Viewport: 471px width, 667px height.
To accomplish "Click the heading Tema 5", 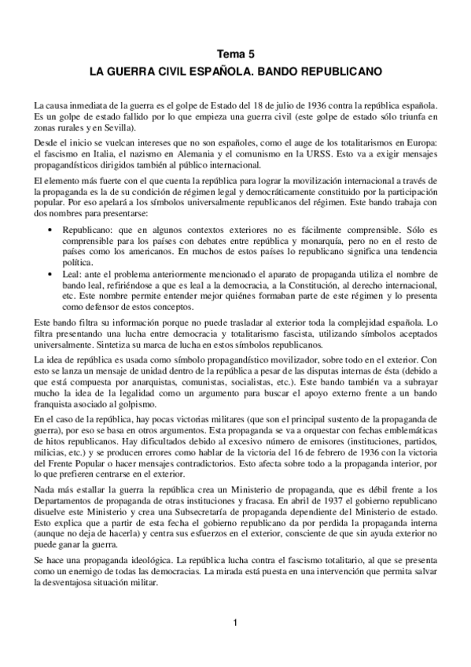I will (235, 54).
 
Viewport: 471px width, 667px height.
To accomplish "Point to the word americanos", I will (151, 249).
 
